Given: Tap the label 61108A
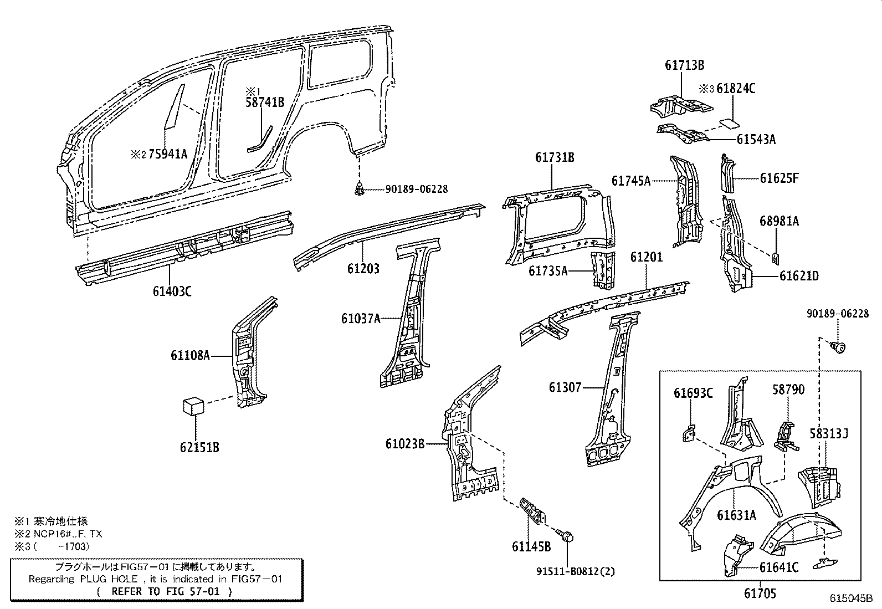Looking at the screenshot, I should (x=190, y=356).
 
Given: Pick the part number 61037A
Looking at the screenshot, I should (x=361, y=319).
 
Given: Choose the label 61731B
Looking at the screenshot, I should (x=555, y=157).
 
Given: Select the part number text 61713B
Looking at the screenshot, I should (x=684, y=65).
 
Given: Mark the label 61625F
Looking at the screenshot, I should (x=779, y=178).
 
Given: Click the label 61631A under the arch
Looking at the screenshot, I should (x=736, y=515).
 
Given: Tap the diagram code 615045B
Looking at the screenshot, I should (x=851, y=598).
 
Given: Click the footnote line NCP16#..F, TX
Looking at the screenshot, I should (x=58, y=534).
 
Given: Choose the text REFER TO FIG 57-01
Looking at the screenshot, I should (x=165, y=591).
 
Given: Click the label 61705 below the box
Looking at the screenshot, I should (x=760, y=593).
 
